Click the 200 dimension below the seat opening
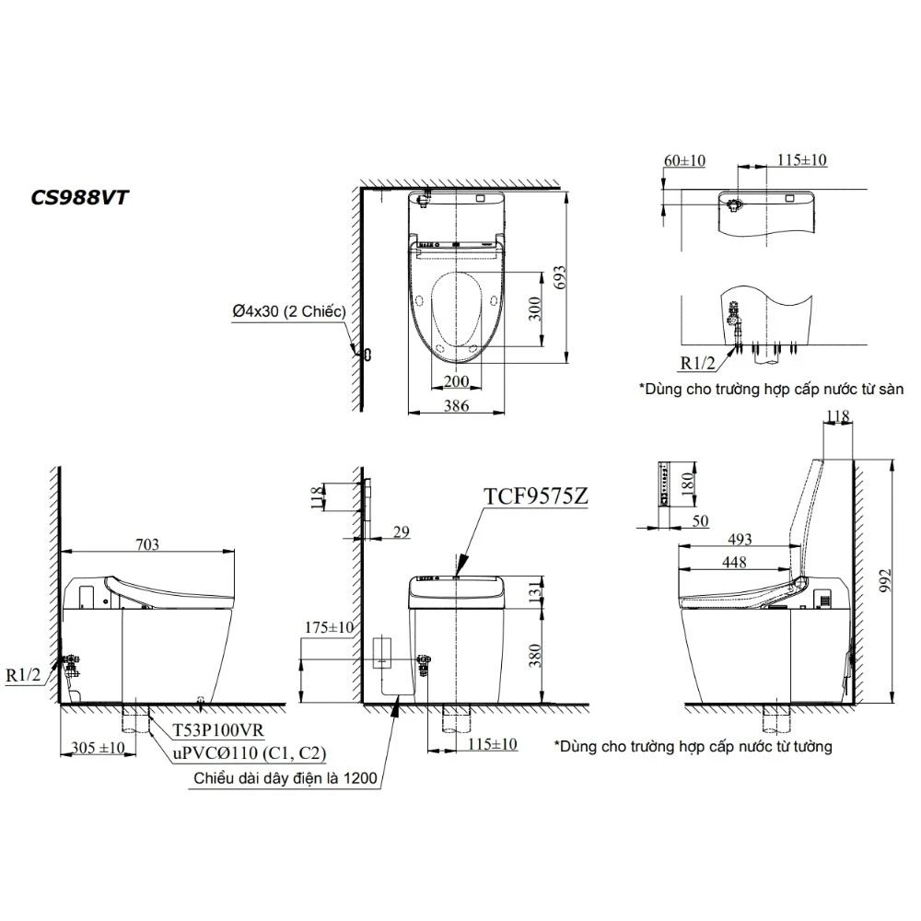[455, 381]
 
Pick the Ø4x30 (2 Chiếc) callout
[288, 312]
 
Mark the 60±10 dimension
[683, 160]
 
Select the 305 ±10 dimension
[99, 748]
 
